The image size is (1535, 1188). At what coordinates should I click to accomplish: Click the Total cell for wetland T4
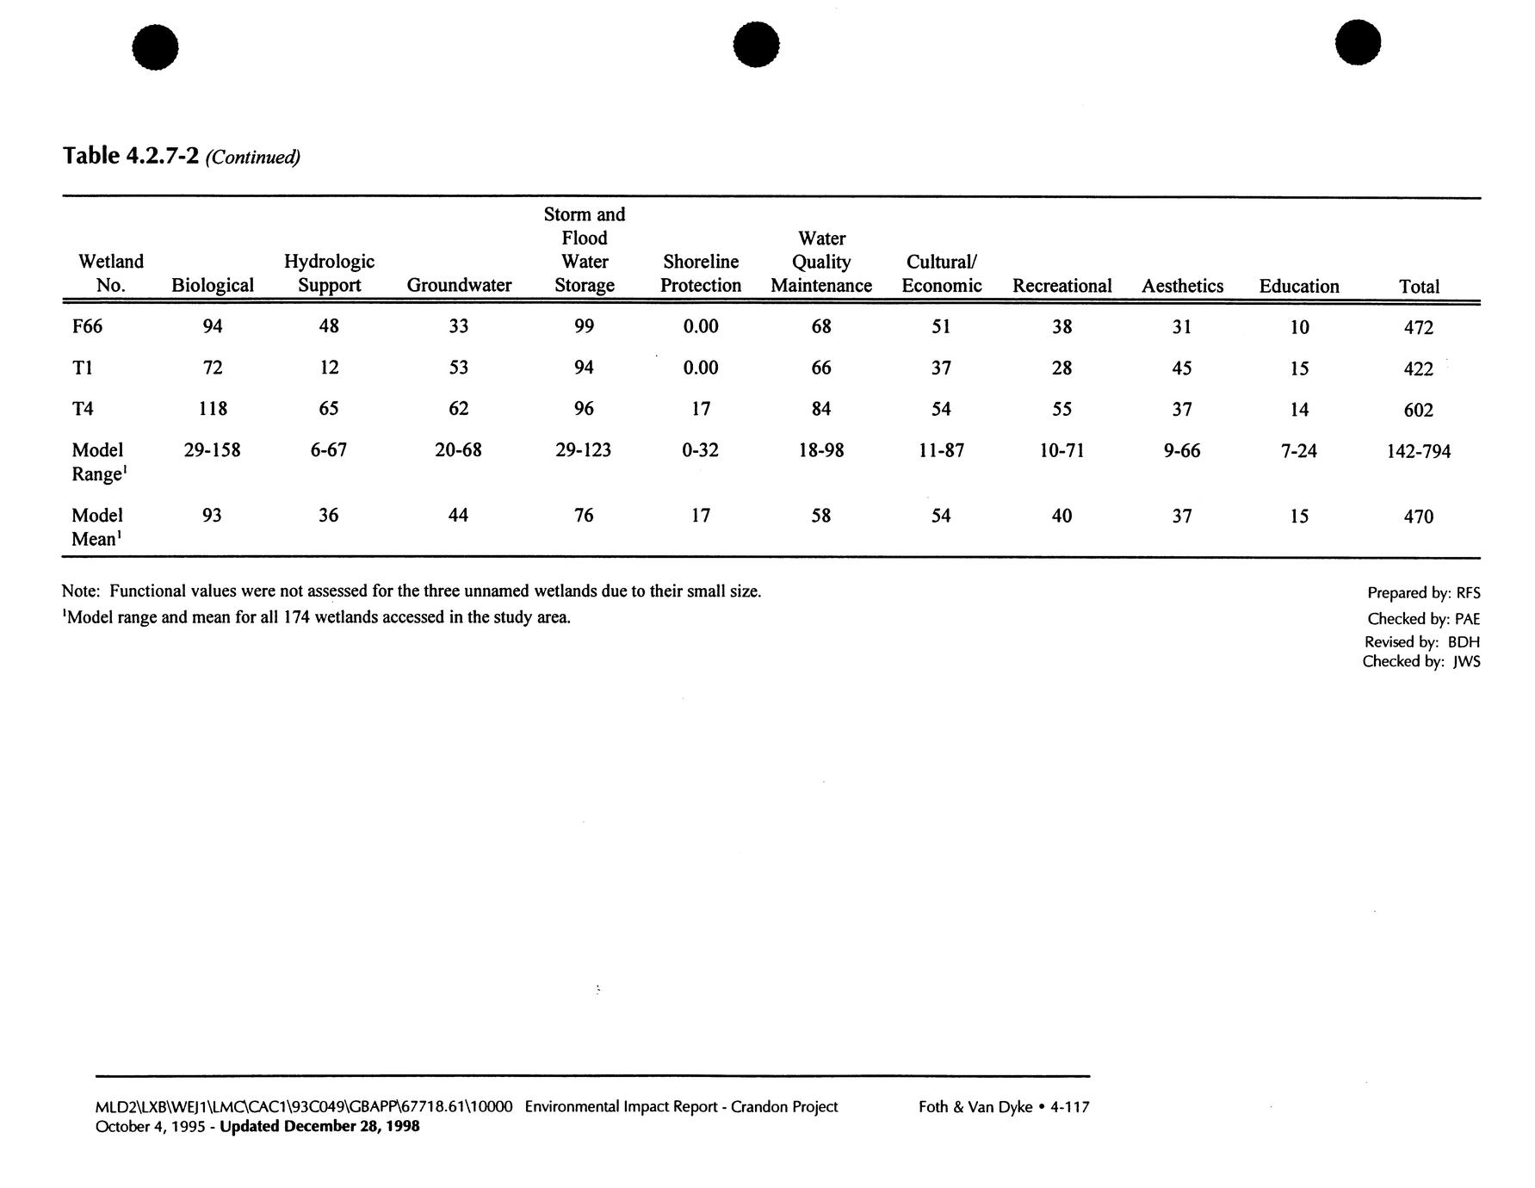click(1418, 410)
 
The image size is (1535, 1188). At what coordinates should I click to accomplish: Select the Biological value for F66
click(212, 325)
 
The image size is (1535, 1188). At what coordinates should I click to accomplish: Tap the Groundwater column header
click(459, 286)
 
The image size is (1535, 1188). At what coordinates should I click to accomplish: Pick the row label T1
click(83, 368)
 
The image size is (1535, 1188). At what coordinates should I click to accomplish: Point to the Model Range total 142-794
click(1418, 451)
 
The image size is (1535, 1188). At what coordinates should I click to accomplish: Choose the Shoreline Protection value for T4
click(701, 409)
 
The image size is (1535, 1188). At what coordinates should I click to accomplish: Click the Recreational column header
click(1062, 286)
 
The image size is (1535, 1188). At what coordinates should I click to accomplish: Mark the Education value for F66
click(1299, 327)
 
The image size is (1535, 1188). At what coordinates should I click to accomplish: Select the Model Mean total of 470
click(1418, 517)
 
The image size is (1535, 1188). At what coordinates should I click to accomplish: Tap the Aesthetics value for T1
click(1182, 368)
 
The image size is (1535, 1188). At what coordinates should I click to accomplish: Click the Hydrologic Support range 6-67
click(329, 450)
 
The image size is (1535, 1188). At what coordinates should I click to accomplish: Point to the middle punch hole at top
click(757, 44)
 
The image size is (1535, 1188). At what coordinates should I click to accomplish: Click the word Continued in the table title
click(253, 158)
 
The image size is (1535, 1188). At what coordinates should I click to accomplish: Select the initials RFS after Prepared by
click(1468, 593)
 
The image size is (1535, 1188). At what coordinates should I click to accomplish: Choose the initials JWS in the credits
click(1466, 662)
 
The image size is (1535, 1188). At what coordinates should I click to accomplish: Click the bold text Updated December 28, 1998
click(320, 1126)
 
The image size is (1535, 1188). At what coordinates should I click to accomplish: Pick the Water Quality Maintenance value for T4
click(820, 409)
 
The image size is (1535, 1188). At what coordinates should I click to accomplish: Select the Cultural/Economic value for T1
click(941, 368)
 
